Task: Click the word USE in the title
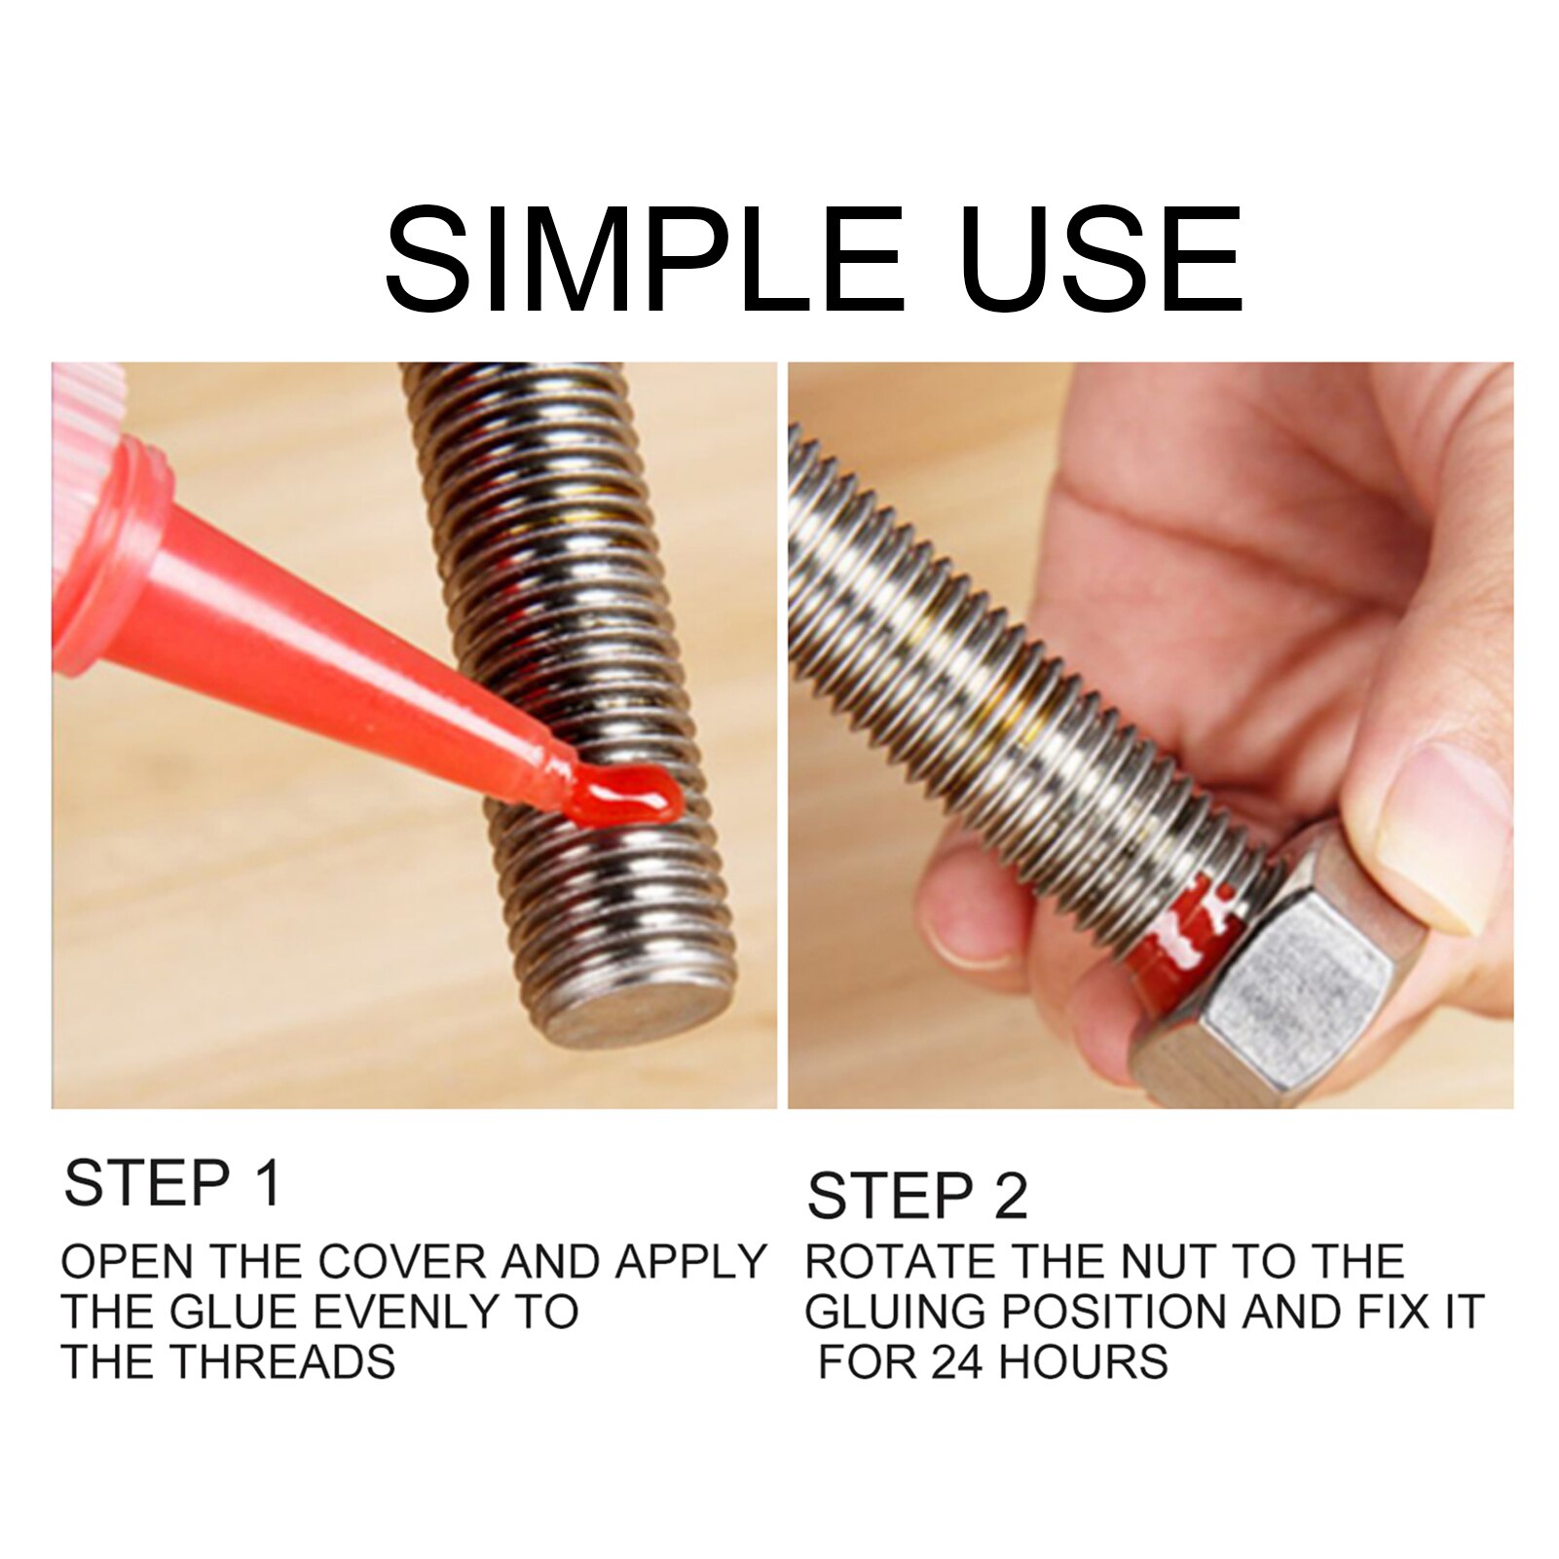pos(1099,259)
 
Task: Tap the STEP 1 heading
pos(172,1183)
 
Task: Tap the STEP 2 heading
pos(917,1196)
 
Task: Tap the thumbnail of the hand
pos(1441,828)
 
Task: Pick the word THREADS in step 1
pos(282,1361)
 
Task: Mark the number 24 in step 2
pos(958,1361)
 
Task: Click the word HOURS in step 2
pos(1083,1361)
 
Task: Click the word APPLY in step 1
pos(690,1262)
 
